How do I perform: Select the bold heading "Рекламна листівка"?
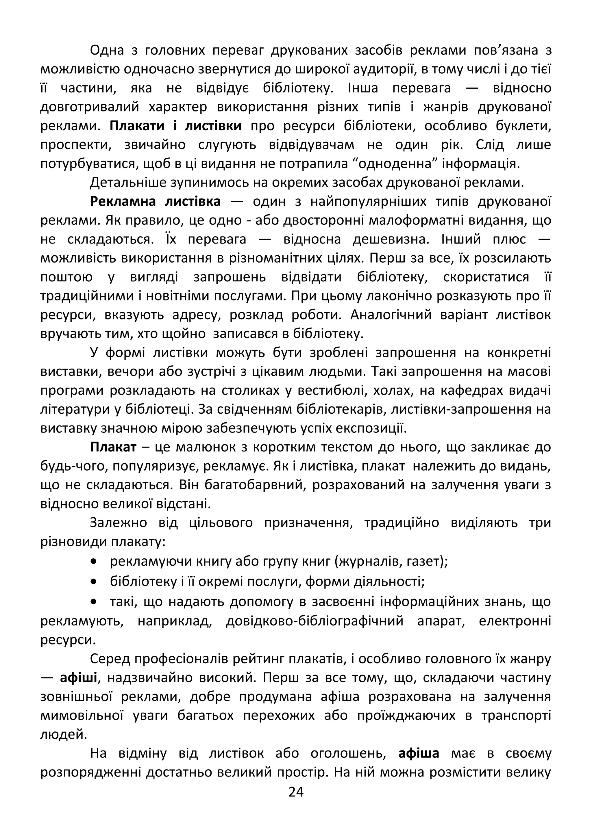coord(155,201)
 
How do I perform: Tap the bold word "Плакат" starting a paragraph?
coord(113,447)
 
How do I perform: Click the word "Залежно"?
coord(119,523)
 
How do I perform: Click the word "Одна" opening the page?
coord(107,50)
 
